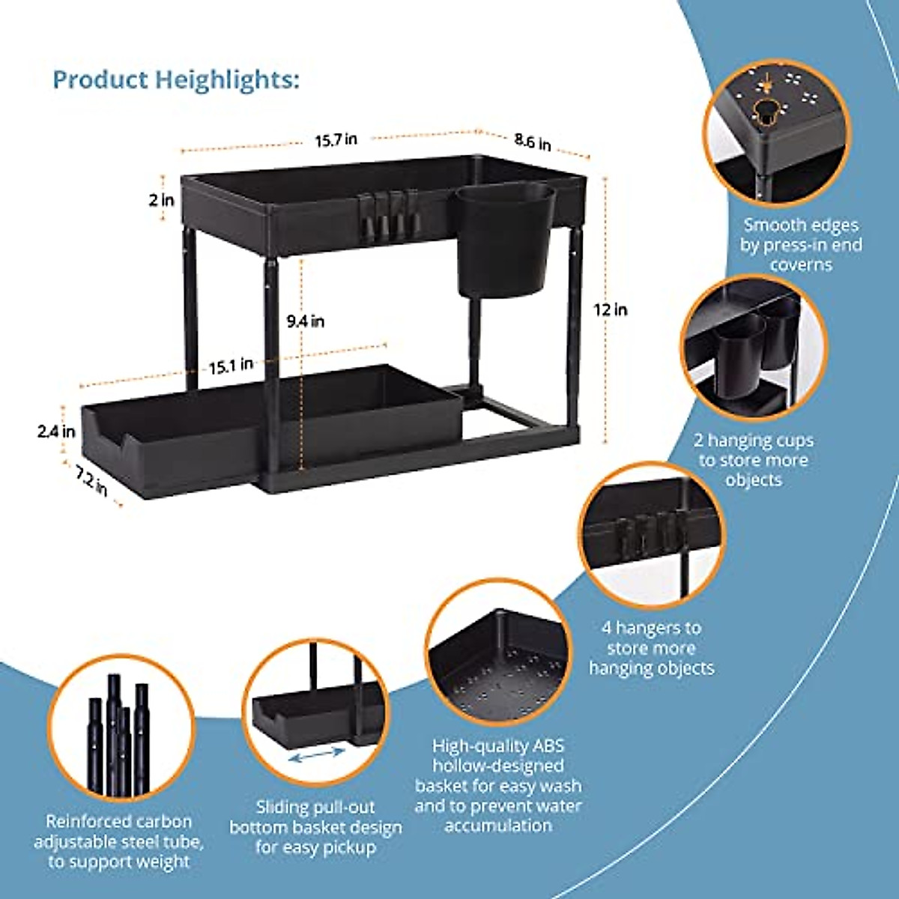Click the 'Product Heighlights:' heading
click(x=176, y=79)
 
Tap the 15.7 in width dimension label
click(x=336, y=139)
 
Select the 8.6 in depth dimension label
click(x=533, y=141)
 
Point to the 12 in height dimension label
click(x=611, y=309)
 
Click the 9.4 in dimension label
click(x=306, y=321)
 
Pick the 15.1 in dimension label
click(x=231, y=366)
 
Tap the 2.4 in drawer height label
click(x=57, y=432)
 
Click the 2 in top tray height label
click(x=161, y=200)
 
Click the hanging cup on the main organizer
click(x=504, y=240)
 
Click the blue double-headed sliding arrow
click(x=317, y=758)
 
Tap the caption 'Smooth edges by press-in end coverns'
click(x=801, y=244)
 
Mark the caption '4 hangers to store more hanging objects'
click(x=651, y=648)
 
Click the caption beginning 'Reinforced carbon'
click(x=118, y=841)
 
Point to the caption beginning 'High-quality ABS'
click(x=498, y=786)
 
